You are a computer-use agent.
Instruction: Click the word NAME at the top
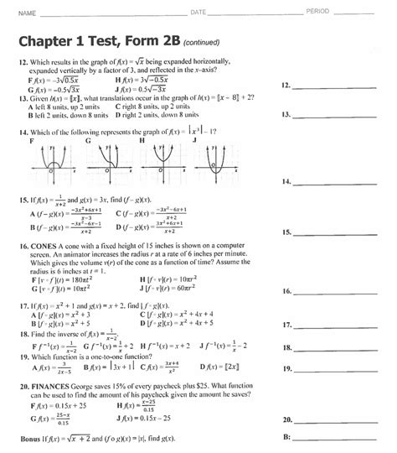click(x=28, y=13)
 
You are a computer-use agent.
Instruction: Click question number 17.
click(x=23, y=307)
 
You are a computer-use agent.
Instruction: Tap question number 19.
click(x=23, y=357)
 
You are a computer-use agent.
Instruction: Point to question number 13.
click(x=23, y=98)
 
